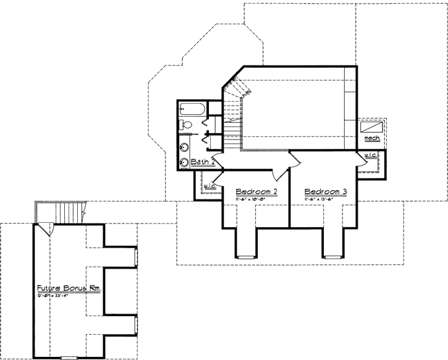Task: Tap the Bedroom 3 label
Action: pos(326,193)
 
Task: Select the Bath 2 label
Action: pos(203,162)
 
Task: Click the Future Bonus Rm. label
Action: pos(69,288)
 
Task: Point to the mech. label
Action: pos(371,138)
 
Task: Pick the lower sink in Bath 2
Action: pos(184,163)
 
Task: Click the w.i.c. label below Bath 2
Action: pos(208,185)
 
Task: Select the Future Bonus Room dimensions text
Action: pos(59,296)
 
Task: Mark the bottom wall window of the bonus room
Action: pos(69,358)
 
